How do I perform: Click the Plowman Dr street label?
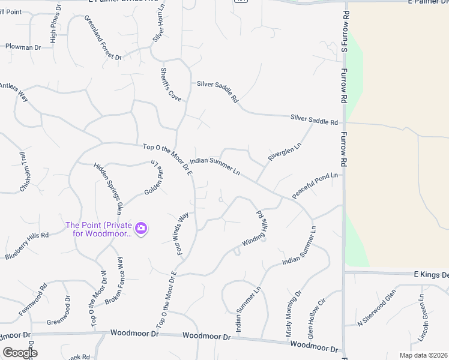click(x=23, y=47)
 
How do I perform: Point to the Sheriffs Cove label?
click(x=170, y=83)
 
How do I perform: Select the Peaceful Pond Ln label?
click(x=315, y=187)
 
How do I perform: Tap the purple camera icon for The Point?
click(x=142, y=228)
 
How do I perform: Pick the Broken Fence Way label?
click(x=118, y=281)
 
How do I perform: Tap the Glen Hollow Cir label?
click(x=316, y=317)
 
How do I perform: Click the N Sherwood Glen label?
click(x=377, y=307)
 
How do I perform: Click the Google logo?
click(x=20, y=353)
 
